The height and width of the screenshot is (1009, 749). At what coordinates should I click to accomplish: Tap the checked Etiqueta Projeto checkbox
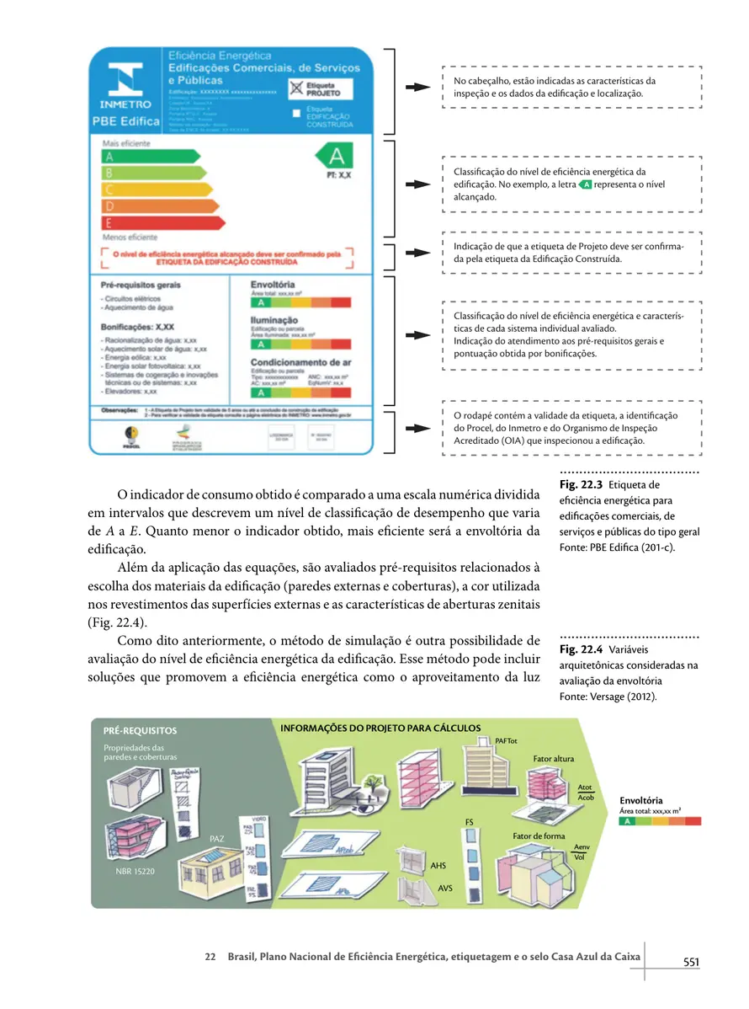point(295,87)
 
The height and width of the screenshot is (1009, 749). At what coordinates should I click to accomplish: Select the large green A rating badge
point(336,157)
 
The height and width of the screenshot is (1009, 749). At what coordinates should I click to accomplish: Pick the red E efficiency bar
point(163,223)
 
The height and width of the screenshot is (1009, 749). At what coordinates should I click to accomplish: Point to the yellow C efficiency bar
point(157,190)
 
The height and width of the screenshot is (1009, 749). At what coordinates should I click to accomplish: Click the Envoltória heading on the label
point(273,285)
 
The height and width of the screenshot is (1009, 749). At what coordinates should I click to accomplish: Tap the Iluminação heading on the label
point(274,320)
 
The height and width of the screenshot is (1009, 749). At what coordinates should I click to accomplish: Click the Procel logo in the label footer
point(130,435)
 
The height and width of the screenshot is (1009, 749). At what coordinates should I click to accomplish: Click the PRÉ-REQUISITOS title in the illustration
point(140,731)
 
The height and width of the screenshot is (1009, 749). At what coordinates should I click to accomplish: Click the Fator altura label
point(553,759)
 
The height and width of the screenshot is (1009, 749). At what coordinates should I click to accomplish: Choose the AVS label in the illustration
point(446,887)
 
